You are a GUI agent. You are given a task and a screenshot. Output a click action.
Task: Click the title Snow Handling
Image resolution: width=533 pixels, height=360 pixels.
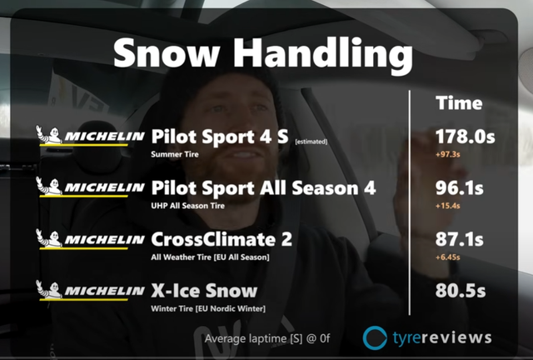263,54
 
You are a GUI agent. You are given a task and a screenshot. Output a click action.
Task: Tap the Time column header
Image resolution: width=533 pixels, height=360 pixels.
459,102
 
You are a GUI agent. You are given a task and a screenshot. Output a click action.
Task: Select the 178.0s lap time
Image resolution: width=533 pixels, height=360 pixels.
465,137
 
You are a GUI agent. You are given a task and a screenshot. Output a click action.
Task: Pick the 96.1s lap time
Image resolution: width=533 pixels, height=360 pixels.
459,187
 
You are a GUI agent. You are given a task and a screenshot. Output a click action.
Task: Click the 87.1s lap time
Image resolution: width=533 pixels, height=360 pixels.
459,239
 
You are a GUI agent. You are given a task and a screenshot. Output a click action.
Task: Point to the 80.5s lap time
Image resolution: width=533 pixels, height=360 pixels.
461,291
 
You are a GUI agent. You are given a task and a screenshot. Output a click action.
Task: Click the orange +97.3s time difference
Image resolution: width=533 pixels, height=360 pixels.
448,154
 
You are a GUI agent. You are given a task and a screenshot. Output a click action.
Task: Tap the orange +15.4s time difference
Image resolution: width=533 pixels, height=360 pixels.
448,206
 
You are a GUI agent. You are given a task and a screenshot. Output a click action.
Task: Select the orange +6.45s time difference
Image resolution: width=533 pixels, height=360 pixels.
448,257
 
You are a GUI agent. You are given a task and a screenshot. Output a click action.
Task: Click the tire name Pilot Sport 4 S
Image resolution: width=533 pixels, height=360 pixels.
220,137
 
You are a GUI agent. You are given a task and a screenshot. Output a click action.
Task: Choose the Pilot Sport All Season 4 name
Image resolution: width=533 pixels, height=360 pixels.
263,187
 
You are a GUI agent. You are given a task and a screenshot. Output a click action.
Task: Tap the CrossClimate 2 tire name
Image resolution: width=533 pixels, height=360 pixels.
222,239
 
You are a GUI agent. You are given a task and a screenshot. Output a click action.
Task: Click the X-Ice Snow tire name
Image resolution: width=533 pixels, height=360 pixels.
204,291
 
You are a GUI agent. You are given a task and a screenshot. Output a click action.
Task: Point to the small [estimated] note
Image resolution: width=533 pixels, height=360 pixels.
311,142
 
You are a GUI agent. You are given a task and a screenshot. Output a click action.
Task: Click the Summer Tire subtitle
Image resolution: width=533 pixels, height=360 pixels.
175,154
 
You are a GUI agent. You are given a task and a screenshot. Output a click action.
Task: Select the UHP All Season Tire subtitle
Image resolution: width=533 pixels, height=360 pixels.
187,206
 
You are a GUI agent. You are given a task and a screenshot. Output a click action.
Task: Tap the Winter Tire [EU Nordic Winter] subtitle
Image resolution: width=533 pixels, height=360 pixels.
208,308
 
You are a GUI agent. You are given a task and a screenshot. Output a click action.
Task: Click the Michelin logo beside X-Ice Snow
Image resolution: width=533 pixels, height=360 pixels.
90,290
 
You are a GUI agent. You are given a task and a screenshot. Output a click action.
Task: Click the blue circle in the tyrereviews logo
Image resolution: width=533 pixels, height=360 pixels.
375,337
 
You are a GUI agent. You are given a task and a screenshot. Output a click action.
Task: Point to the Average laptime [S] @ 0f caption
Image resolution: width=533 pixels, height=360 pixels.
267,339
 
